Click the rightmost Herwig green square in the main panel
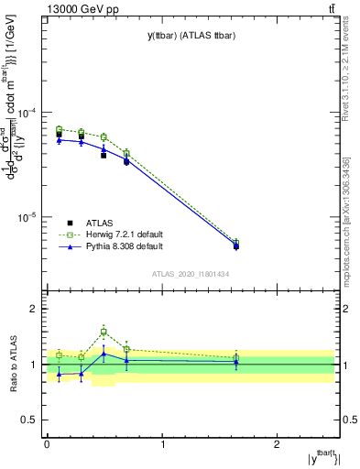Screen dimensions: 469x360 pos(236,243)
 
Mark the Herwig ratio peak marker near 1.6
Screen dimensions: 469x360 pos(104,332)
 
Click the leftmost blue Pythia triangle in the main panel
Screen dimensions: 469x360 pos(59,139)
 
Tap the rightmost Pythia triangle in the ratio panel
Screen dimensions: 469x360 pos(236,362)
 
